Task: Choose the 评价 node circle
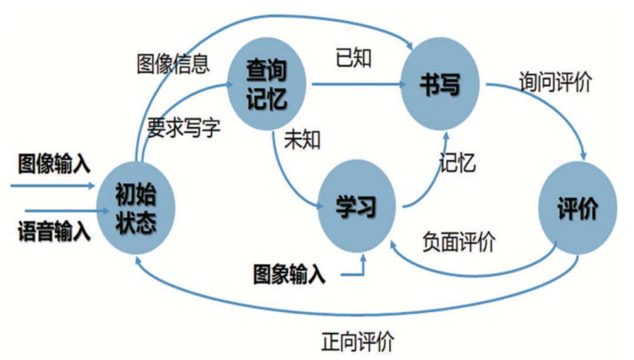click(x=578, y=208)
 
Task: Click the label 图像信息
click(x=173, y=63)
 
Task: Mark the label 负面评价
click(x=458, y=241)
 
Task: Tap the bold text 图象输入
click(x=289, y=275)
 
